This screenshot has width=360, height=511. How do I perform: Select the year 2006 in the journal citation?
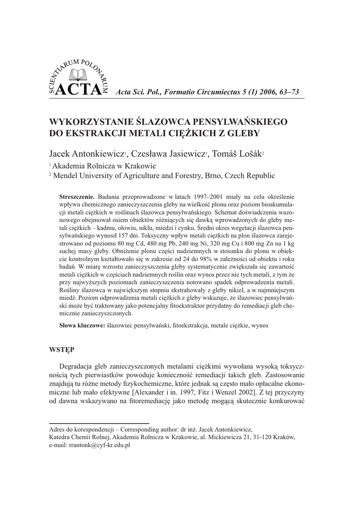tap(249, 92)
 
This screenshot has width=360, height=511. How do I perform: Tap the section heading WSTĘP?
tap(62, 348)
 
